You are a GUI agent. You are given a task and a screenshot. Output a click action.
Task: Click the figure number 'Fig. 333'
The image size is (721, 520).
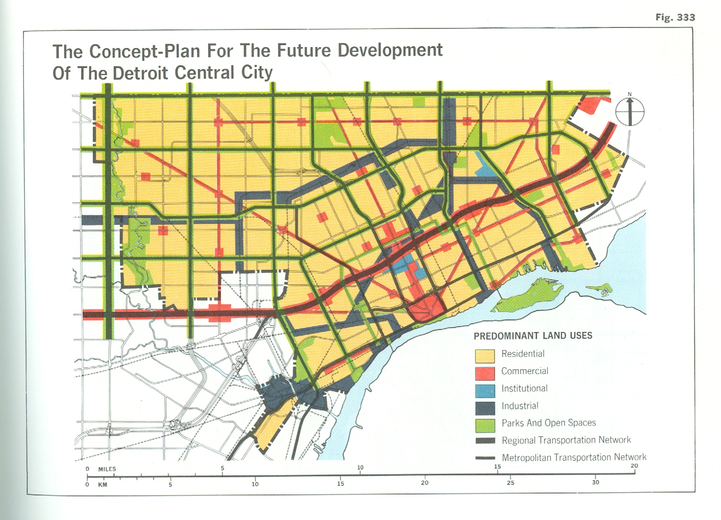pyautogui.click(x=675, y=17)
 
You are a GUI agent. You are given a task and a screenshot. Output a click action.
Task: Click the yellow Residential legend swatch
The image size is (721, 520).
pyautogui.click(x=485, y=355)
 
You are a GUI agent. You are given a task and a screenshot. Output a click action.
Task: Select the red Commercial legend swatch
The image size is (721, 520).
pyautogui.click(x=485, y=373)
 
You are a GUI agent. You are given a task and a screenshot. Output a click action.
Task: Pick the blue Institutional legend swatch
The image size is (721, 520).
pyautogui.click(x=485, y=390)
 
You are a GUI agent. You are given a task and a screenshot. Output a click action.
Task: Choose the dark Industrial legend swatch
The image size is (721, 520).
pyautogui.click(x=485, y=407)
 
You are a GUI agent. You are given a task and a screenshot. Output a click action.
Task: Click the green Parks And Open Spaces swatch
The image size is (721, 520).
pyautogui.click(x=485, y=424)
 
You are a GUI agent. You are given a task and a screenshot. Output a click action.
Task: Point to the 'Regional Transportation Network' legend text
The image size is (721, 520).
pyautogui.click(x=566, y=440)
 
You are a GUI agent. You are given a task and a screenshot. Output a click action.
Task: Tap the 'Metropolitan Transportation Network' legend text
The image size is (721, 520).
pyautogui.click(x=574, y=457)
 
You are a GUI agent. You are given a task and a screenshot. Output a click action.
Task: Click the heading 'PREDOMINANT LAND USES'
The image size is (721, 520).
pyautogui.click(x=532, y=336)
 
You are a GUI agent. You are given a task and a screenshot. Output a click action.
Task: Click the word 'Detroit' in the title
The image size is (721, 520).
pyautogui.click(x=141, y=73)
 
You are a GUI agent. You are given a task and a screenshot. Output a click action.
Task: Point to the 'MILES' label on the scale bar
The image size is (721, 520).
pyautogui.click(x=107, y=469)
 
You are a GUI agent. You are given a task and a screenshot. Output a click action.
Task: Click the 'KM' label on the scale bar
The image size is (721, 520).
pyautogui.click(x=102, y=484)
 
